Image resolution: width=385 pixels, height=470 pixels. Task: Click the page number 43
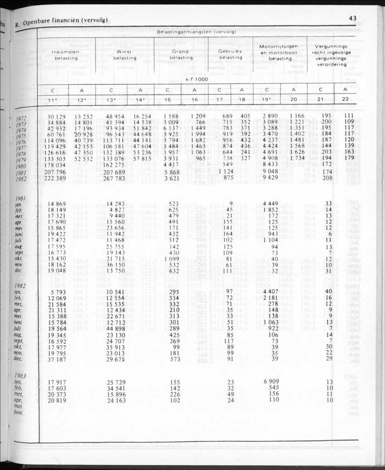point(353,18)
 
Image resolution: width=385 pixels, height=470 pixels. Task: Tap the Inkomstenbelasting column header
point(66,55)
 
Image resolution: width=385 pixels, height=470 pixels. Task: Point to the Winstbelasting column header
point(125,55)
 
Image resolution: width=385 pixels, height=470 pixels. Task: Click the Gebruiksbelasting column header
point(231,55)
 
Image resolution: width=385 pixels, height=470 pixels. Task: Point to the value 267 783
point(113,178)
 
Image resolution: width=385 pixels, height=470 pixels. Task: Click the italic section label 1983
point(21,375)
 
